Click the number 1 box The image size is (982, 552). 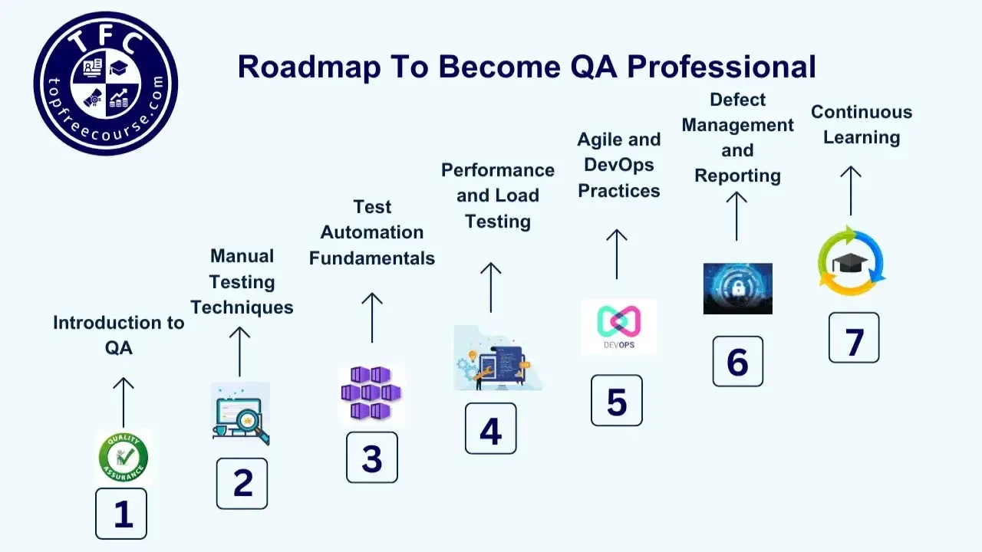tap(121, 514)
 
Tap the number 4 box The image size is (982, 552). tap(490, 429)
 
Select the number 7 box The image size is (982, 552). tap(854, 338)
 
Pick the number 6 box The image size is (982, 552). tap(737, 361)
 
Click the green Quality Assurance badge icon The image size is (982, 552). tap(123, 457)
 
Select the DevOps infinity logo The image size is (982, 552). tap(618, 326)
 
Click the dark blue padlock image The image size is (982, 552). tap(737, 289)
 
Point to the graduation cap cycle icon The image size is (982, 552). tap(852, 261)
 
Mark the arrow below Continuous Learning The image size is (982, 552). tap(850, 191)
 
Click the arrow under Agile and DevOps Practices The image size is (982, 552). tap(616, 254)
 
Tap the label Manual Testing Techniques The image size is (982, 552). tap(242, 281)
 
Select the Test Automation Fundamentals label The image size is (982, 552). tap(372, 232)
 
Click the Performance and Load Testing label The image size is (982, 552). tap(498, 195)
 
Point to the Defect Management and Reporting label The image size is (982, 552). tap(737, 138)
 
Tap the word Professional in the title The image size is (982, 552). tap(722, 67)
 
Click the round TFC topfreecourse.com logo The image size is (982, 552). tap(106, 83)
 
